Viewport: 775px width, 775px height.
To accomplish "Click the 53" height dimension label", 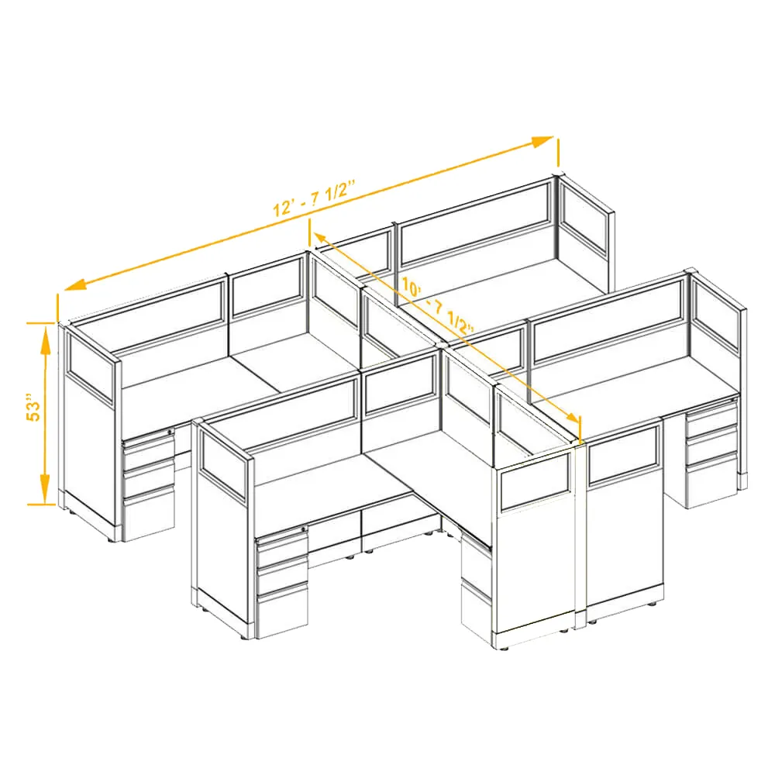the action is (33, 408).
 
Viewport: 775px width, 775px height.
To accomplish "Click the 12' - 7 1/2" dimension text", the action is (315, 198).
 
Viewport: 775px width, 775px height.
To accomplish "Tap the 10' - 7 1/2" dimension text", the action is (438, 306).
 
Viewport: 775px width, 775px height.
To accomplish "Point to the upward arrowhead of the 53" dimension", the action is (46, 339).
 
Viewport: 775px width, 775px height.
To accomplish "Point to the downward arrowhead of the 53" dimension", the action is (46, 488).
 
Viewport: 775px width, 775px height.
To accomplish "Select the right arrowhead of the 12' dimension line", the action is (542, 141).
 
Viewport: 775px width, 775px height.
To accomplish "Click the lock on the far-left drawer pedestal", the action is (170, 432).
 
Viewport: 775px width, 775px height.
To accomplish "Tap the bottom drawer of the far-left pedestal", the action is (149, 514).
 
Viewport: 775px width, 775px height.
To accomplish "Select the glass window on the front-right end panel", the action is (536, 481).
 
